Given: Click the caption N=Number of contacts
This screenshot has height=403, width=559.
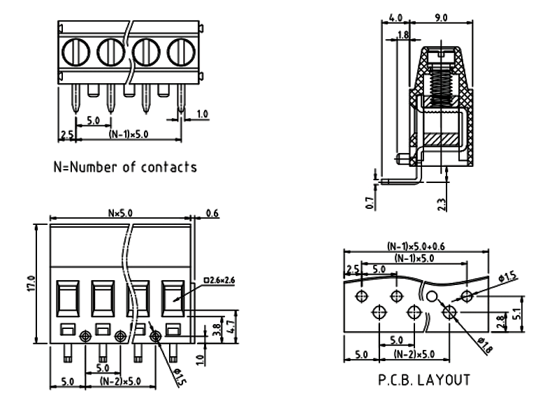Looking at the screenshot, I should (x=125, y=167).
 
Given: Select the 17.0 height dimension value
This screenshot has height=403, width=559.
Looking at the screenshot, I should (x=29, y=284).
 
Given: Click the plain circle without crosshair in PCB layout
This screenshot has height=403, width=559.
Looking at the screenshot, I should (x=432, y=297).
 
